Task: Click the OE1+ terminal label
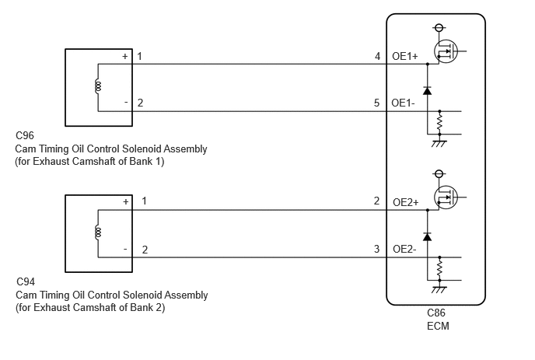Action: tap(405, 56)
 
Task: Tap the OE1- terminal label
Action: tap(404, 103)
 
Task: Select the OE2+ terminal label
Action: tap(406, 202)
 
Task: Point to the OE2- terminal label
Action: tap(404, 249)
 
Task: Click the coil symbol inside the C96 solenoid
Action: tap(98, 86)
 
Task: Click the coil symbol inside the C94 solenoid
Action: tap(98, 232)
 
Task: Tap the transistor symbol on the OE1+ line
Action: tap(446, 51)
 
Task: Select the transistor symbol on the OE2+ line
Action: tap(446, 197)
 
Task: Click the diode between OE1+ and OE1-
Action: tap(427, 90)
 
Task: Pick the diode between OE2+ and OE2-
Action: tap(427, 236)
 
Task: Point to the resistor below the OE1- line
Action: tap(440, 123)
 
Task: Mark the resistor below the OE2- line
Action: tap(440, 268)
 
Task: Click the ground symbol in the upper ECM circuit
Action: tap(439, 143)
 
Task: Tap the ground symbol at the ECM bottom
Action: tap(439, 289)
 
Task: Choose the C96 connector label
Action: tap(25, 135)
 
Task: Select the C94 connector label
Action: tap(26, 282)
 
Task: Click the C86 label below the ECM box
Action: tap(436, 313)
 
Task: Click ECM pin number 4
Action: tap(377, 56)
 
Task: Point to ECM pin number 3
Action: tap(376, 249)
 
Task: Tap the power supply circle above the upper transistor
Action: tap(439, 28)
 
